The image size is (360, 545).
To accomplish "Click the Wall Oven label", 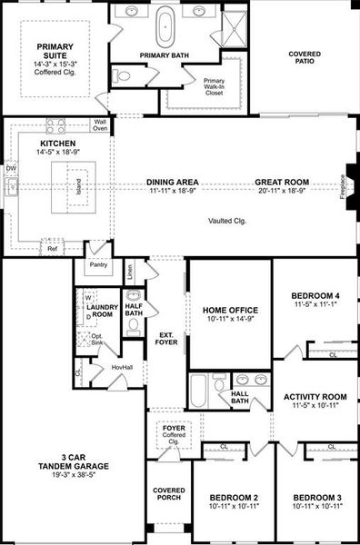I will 100,124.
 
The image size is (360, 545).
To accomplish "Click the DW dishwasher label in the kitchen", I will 10,168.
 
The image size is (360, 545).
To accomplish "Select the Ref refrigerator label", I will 53,248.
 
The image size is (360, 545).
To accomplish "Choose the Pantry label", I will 97,265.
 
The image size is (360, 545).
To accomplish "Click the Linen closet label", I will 131,270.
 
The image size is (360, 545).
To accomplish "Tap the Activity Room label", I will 315,397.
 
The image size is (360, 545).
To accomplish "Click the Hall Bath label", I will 240,397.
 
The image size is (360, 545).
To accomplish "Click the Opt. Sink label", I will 97,339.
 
